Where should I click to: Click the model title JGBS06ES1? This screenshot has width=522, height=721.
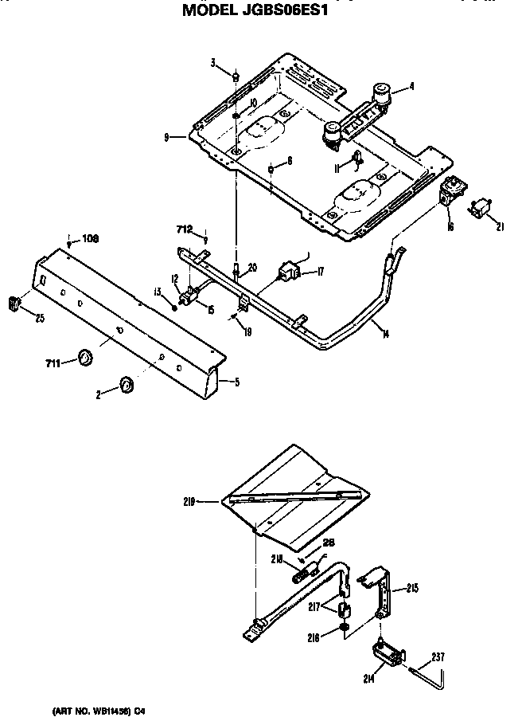click(255, 11)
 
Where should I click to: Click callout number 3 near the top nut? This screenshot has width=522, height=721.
click(214, 63)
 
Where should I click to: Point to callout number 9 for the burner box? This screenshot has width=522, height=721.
click(166, 137)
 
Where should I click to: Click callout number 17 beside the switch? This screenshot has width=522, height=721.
click(320, 272)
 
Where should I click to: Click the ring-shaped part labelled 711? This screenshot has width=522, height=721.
click(84, 358)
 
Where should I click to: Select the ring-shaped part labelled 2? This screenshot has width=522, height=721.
click(126, 386)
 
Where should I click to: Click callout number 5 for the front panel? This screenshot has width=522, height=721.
click(236, 382)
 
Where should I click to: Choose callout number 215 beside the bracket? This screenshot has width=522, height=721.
click(412, 589)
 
